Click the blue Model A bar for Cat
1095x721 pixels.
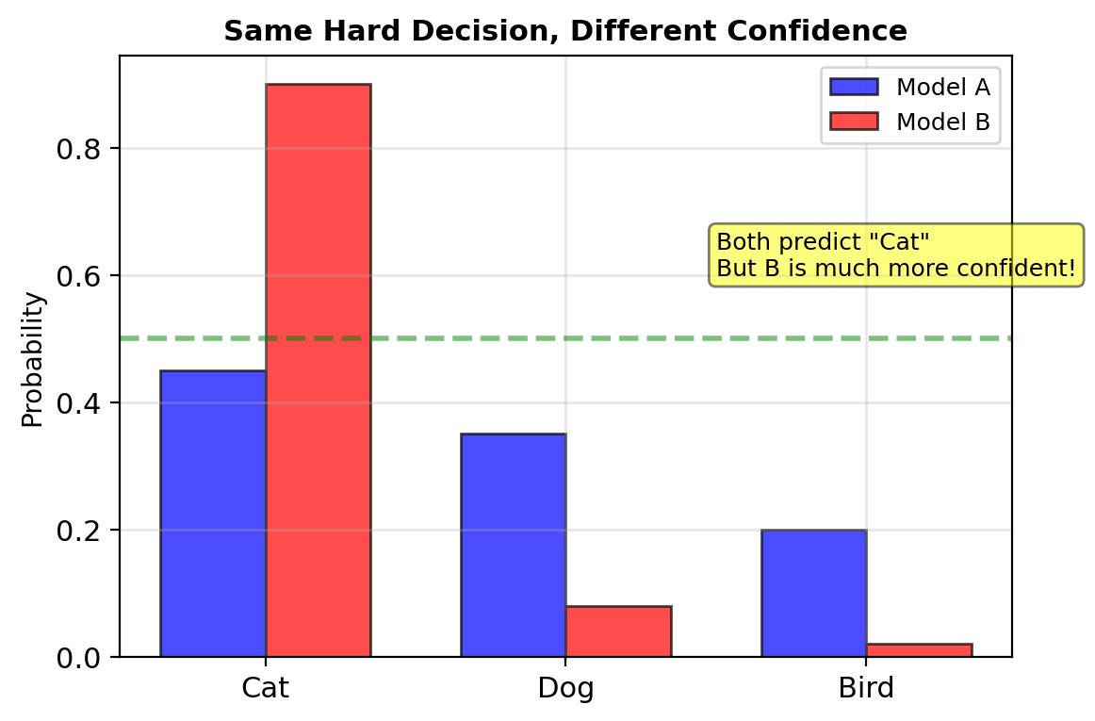coord(213,513)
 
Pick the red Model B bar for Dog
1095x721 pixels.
coord(618,631)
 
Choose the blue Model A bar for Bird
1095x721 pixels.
coord(813,593)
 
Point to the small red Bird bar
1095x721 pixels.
coord(919,649)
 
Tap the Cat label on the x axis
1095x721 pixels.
coord(265,688)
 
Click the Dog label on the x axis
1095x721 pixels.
coord(565,688)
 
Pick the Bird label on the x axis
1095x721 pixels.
coord(866,688)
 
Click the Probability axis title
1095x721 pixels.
coord(33,359)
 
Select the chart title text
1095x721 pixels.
coord(565,31)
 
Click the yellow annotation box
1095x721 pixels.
coord(895,254)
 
